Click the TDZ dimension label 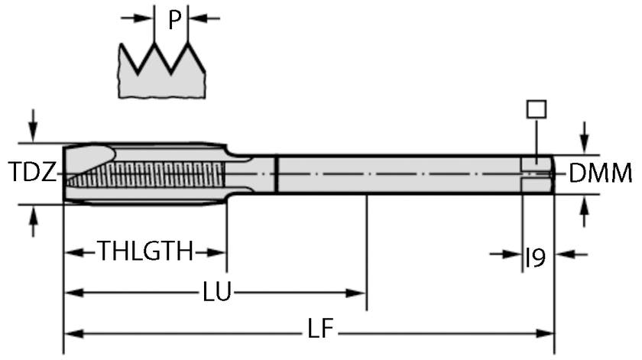click(32, 173)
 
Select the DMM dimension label click(600, 174)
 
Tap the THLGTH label click(145, 251)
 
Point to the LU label click(218, 292)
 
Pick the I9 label click(535, 258)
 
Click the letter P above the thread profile click(175, 20)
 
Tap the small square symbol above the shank click(537, 109)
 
